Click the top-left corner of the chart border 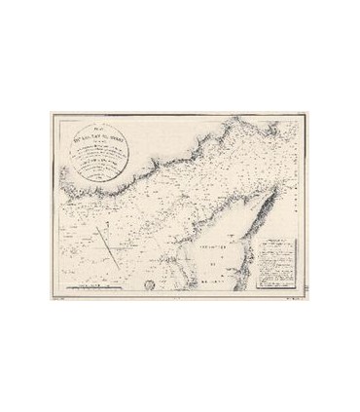pyautogui.click(x=47, y=115)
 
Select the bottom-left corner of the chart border pyautogui.click(x=47, y=294)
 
